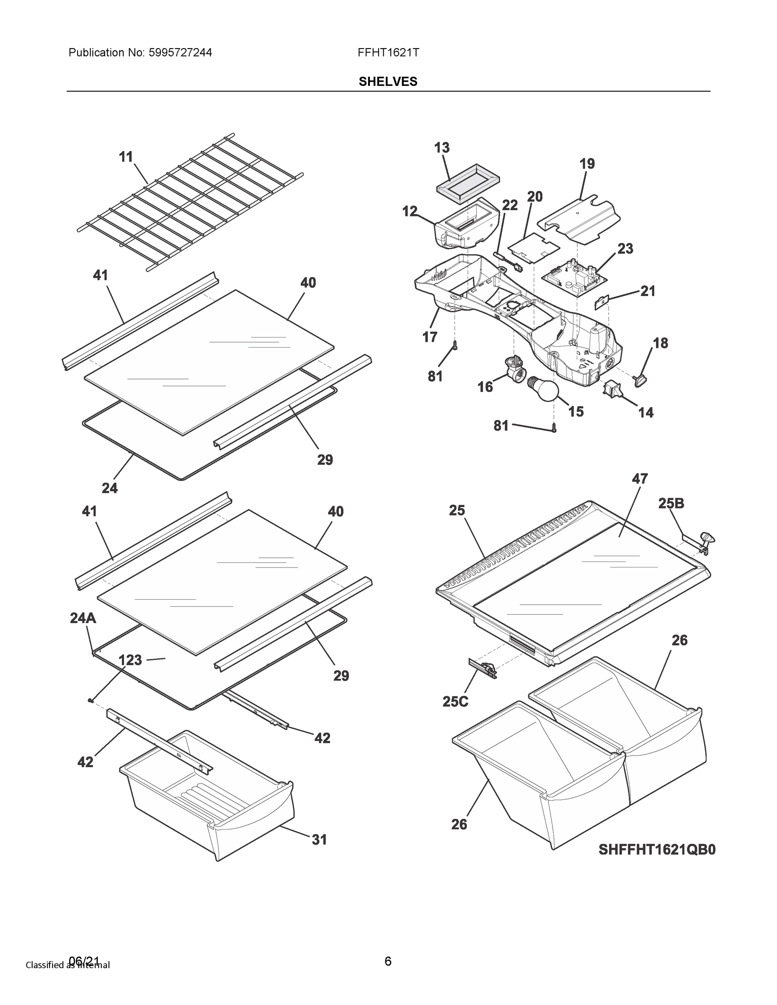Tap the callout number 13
tap(441, 148)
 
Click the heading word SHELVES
tap(388, 82)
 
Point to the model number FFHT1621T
tap(388, 52)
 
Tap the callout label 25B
tap(671, 503)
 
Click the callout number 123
tap(130, 660)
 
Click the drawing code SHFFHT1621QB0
tap(657, 850)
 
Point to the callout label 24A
tap(83, 618)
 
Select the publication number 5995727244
tap(181, 52)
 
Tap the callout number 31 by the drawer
tap(319, 840)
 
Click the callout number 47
tap(640, 479)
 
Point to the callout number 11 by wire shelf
tap(126, 157)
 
